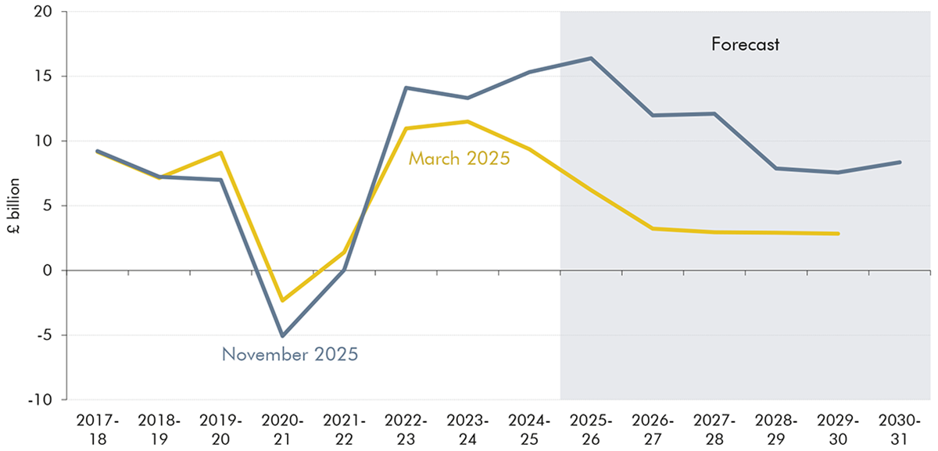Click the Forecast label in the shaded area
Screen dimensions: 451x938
745,45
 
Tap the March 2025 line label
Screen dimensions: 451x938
459,159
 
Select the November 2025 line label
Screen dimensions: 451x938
290,354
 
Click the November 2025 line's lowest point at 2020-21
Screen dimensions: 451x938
282,336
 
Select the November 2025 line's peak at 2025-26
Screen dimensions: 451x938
591,58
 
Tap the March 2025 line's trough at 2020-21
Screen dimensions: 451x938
282,300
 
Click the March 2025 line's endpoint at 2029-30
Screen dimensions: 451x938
838,234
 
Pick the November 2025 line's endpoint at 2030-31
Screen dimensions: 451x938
900,162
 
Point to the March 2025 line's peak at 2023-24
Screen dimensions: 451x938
467,121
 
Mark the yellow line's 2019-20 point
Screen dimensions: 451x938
221,152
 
